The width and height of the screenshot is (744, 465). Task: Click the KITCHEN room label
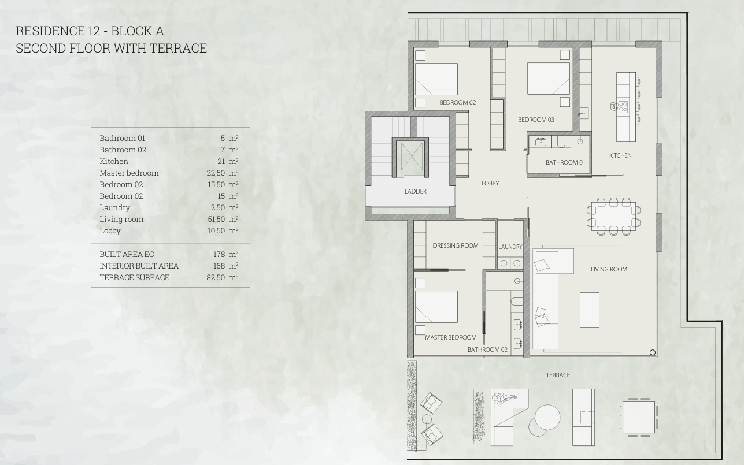[620, 155]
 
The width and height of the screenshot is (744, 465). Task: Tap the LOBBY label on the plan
[490, 183]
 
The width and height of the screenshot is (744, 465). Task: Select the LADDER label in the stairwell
[416, 191]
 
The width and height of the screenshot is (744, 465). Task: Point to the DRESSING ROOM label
[456, 245]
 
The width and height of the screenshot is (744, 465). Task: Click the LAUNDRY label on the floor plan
[510, 247]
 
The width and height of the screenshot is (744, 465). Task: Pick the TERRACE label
[558, 375]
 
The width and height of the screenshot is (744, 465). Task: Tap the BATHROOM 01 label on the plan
[565, 163]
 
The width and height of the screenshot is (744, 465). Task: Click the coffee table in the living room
[590, 310]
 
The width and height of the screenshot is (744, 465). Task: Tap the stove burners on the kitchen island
[623, 107]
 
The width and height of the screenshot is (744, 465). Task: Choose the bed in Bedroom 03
[549, 79]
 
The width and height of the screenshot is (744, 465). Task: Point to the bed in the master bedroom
[436, 307]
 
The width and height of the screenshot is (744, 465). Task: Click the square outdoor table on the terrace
[638, 417]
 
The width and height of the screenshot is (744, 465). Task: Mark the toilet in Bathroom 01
[561, 142]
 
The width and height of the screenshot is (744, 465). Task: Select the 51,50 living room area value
[216, 219]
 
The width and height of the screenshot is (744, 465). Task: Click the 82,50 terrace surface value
[216, 277]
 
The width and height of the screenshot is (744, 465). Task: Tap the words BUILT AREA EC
[127, 254]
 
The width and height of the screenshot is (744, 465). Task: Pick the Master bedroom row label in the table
[129, 173]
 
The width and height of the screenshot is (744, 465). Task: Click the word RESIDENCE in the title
[50, 31]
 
